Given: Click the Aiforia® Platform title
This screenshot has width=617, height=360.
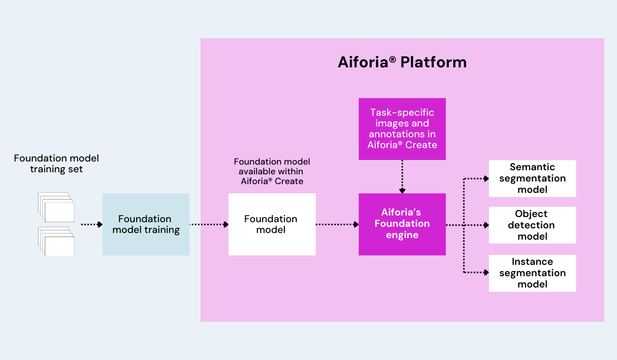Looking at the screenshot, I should (x=402, y=62).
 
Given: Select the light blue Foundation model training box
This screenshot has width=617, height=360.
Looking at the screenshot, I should (x=146, y=224).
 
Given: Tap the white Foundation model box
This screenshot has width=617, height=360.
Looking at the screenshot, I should (x=271, y=224).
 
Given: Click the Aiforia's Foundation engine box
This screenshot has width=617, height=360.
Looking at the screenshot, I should (x=402, y=224).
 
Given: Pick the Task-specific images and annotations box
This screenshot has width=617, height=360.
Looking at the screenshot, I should (x=402, y=129).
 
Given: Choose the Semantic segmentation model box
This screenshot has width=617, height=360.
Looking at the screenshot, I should (x=532, y=178).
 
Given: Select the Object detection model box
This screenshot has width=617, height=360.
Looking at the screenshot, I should (x=532, y=225).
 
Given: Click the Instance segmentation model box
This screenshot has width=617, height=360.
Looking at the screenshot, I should (x=532, y=273).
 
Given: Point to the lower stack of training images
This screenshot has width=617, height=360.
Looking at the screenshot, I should (x=56, y=241).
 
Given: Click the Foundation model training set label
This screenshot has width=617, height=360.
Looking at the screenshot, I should (x=56, y=164).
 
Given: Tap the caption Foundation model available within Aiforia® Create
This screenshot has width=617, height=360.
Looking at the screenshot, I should (x=272, y=171).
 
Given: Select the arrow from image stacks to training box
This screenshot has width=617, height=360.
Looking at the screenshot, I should (x=92, y=224).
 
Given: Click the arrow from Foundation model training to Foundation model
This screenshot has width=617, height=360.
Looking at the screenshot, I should (x=209, y=224).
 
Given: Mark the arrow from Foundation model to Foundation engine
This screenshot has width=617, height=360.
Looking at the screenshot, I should (x=337, y=224).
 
